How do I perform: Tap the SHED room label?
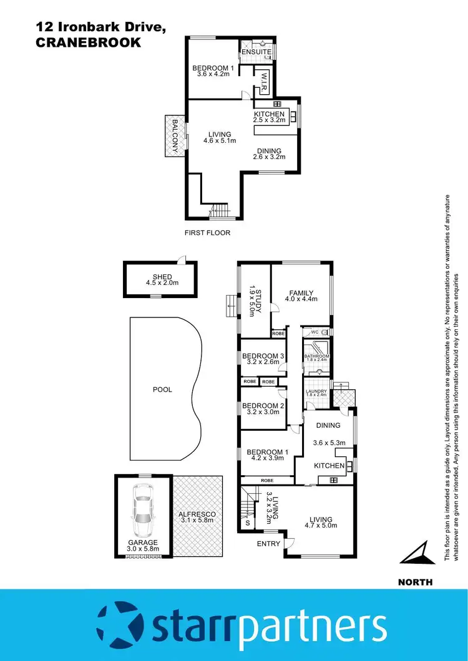(x=162, y=277)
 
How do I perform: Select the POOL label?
(x=162, y=390)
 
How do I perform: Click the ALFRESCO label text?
(x=198, y=514)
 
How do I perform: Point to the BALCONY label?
(x=175, y=136)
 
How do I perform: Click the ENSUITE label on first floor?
(x=256, y=51)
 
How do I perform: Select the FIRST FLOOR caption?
(x=207, y=233)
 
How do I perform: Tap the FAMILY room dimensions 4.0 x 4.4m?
(x=301, y=299)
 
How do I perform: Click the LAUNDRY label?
(x=316, y=392)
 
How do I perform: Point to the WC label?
(x=315, y=332)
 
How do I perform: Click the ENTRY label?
(x=269, y=544)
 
